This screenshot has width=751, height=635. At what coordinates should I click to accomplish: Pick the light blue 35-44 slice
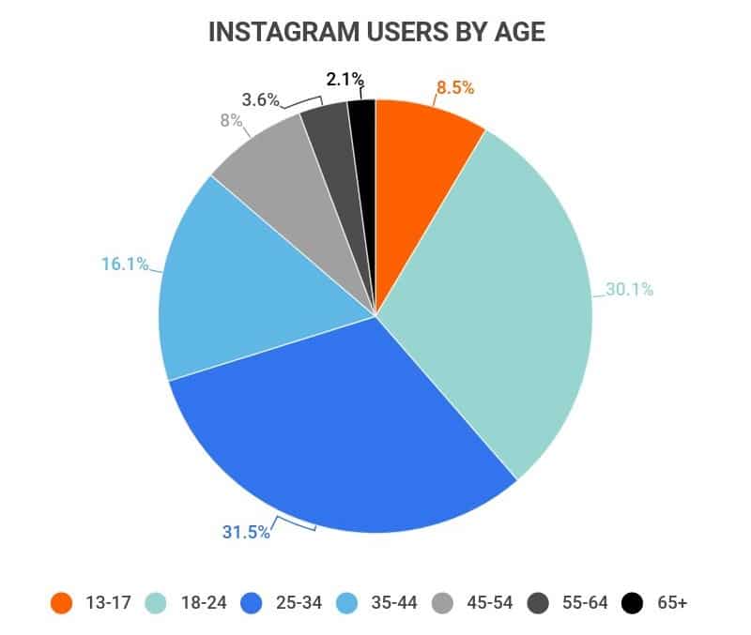point(235,291)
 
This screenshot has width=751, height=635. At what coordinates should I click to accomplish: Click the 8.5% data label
point(455,89)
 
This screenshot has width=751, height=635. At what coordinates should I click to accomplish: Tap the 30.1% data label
point(629,290)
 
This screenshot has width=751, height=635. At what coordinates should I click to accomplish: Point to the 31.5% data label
point(246,532)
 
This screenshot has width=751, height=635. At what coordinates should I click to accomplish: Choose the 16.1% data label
point(125,265)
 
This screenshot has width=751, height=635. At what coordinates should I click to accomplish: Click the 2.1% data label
point(345,80)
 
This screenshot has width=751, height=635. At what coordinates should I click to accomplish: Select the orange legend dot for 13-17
point(62,603)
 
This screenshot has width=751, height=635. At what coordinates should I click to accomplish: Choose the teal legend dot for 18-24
point(157,603)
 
